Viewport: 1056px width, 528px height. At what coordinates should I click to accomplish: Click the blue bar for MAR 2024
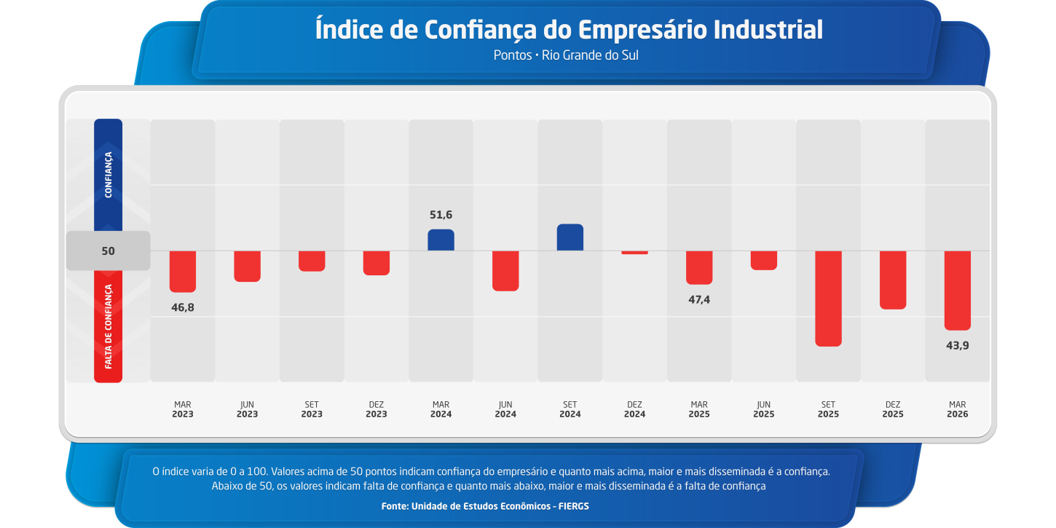[441, 240]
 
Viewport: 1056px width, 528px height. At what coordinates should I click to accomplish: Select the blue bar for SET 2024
[570, 237]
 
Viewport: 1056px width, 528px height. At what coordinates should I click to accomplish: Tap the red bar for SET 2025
[828, 298]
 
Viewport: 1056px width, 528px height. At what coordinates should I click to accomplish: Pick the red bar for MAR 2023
[183, 271]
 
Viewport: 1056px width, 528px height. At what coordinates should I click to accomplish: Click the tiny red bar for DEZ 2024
[634, 253]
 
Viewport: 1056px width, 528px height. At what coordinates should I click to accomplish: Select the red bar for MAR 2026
[957, 290]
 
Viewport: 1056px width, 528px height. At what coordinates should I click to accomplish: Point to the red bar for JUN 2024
[505, 270]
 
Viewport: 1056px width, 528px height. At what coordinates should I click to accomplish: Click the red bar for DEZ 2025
[893, 280]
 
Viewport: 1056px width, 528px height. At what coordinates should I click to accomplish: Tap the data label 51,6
[441, 215]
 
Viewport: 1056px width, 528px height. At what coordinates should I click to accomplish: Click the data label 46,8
[183, 307]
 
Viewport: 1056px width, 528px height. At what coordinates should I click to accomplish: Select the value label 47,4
[699, 299]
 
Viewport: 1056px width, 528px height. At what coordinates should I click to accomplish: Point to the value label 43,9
[957, 345]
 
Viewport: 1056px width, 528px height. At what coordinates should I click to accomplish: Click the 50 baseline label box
[108, 251]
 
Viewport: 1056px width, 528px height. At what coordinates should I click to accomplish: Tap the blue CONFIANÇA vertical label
[109, 175]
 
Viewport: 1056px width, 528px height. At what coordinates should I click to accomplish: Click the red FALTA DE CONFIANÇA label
[109, 326]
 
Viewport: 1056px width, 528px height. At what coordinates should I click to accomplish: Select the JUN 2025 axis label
[763, 409]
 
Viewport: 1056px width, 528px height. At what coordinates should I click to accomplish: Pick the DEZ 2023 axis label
[376, 409]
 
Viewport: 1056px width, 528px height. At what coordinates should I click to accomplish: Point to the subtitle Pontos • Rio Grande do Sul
[566, 55]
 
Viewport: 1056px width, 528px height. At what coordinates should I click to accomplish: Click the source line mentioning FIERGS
[485, 505]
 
